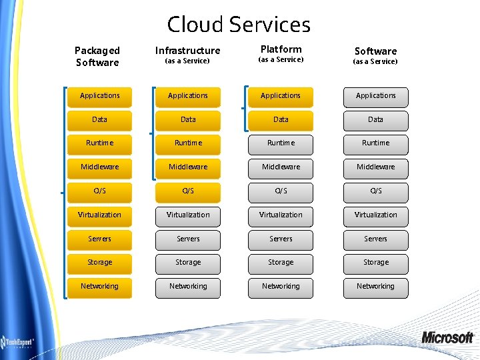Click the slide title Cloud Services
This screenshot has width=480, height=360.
[239, 25]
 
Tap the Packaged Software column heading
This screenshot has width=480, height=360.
[97, 56]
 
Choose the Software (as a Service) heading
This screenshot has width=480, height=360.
[375, 55]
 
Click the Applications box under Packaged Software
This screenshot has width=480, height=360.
[100, 96]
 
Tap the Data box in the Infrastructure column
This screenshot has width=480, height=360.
[188, 120]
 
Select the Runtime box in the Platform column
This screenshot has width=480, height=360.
[281, 143]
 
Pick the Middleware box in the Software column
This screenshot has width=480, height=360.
[375, 167]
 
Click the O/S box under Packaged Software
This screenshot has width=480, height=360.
[100, 191]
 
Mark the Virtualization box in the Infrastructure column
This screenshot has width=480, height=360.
[188, 215]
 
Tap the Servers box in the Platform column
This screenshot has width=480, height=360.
[281, 239]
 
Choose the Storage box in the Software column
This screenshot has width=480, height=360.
[375, 263]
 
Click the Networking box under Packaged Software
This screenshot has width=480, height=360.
[100, 287]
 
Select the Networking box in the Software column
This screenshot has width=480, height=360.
[375, 287]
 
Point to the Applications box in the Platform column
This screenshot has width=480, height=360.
[281, 96]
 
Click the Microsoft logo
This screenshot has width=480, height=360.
[447, 337]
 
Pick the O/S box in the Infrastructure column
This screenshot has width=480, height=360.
[188, 191]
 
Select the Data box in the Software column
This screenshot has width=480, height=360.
[375, 120]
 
